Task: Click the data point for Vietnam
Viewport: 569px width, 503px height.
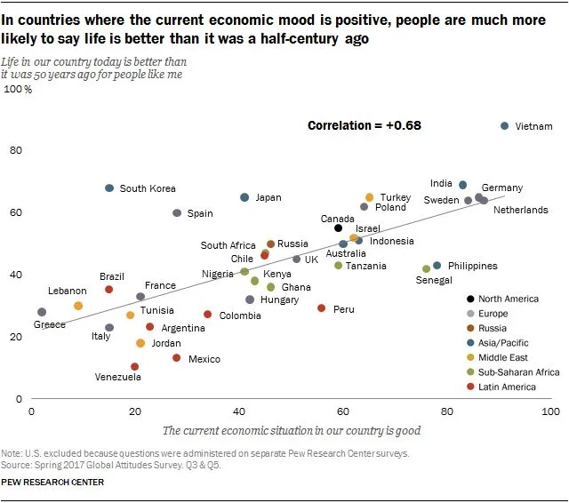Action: [505, 127]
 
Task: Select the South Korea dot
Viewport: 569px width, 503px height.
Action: [109, 188]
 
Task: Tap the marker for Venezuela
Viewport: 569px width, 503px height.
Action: [134, 366]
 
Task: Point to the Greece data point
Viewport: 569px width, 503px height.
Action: [42, 312]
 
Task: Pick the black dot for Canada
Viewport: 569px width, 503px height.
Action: [339, 228]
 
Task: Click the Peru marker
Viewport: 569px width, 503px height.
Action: [321, 308]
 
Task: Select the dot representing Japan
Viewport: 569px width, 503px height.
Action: [244, 197]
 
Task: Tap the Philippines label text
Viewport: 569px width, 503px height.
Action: [473, 266]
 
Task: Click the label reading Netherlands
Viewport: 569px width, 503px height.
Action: [521, 211]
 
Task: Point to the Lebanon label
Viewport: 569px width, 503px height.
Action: [67, 291]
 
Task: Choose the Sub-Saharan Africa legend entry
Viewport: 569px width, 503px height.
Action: [519, 372]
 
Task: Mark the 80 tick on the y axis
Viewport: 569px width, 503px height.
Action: [16, 150]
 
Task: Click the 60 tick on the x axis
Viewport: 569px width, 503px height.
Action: [342, 412]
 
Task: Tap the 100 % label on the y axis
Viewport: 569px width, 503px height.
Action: [19, 89]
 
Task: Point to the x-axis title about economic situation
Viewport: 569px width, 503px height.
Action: [291, 431]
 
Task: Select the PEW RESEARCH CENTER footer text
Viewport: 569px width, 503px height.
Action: [52, 482]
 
